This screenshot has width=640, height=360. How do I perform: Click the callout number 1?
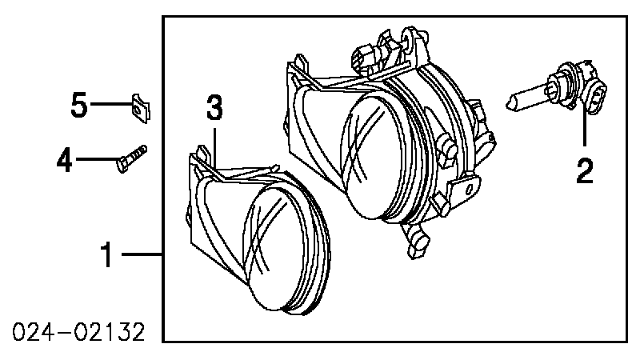pyautogui.click(x=107, y=254)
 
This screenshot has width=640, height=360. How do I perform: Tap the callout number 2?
pyautogui.click(x=585, y=171)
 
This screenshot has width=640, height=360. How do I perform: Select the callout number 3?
pyautogui.click(x=214, y=107)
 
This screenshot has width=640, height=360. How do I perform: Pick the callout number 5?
pyautogui.click(x=79, y=105)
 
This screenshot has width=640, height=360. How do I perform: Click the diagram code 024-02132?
pyautogui.click(x=78, y=332)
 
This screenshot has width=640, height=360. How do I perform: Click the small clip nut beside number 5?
pyautogui.click(x=141, y=108)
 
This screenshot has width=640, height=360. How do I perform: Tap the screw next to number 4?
pyautogui.click(x=132, y=158)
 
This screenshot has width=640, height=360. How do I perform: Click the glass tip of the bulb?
pyautogui.click(x=510, y=102)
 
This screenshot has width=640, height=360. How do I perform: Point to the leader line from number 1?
pyautogui.click(x=142, y=254)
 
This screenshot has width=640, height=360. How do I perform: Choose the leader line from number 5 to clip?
pyautogui.click(x=111, y=104)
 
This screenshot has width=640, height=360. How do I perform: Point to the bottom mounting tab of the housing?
pyautogui.click(x=414, y=240)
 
